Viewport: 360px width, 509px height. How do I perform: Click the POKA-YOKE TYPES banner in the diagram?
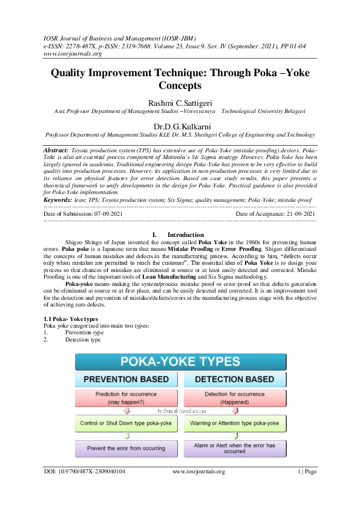(x=180, y=363)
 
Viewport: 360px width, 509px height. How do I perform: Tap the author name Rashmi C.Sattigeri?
(x=180, y=102)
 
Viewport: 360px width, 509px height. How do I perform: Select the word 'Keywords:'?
(x=57, y=199)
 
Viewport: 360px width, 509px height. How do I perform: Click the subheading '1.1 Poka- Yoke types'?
(x=68, y=319)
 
